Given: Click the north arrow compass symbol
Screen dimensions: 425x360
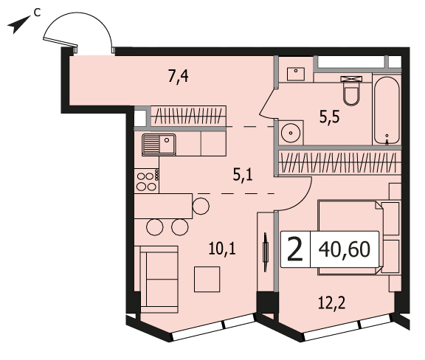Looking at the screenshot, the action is tap(18, 24).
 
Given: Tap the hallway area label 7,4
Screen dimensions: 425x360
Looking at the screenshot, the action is tap(178, 76).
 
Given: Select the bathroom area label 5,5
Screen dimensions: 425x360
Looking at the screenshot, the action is tap(329, 117).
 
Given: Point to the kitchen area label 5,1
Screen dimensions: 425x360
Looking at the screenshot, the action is tap(243, 174).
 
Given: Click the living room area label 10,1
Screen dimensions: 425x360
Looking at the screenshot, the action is tap(222, 249).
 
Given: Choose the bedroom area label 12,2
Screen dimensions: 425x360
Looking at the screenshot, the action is tap(331, 302).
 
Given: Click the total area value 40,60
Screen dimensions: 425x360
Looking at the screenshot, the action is tap(345, 249).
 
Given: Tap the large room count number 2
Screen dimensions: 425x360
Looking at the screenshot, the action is tap(294, 249).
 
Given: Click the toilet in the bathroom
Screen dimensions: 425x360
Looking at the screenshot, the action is tap(351, 91).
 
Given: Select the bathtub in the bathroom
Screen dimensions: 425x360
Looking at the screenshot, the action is tap(387, 111).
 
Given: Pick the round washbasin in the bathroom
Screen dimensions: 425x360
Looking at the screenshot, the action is tap(291, 133).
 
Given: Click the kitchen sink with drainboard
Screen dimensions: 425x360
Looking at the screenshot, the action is tap(159, 145).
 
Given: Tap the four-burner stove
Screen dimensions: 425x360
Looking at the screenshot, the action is tap(147, 181).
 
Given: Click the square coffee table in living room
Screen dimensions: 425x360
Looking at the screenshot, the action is tap(207, 279).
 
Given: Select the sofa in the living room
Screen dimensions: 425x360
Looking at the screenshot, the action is tap(159, 279).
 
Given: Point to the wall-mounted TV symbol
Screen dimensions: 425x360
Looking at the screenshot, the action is tap(266, 252).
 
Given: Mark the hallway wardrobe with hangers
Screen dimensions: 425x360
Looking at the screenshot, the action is tap(188, 116).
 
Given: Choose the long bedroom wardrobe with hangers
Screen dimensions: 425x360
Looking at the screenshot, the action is tap(340, 162).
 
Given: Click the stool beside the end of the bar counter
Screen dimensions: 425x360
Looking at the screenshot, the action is tap(201, 206).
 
